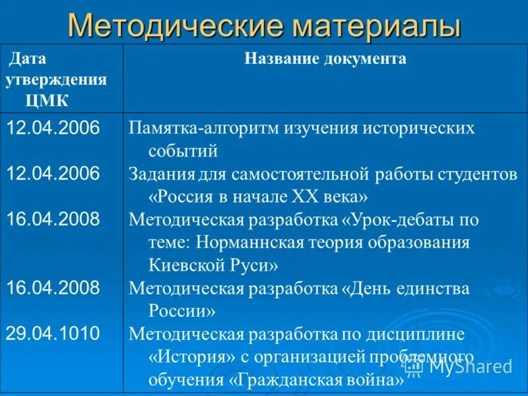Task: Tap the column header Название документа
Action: click(x=325, y=59)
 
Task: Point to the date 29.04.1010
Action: click(x=53, y=333)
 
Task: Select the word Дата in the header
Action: click(x=27, y=59)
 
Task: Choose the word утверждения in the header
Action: click(x=56, y=80)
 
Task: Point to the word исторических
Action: click(x=417, y=127)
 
